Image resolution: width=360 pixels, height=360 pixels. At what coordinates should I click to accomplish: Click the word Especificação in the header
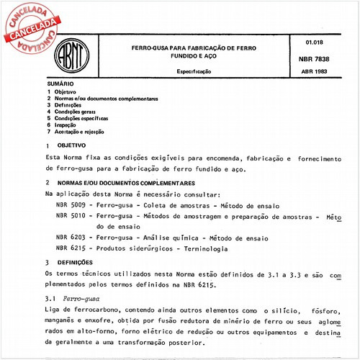pos(194,73)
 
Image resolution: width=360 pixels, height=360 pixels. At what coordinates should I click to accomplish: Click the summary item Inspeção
pos(70,125)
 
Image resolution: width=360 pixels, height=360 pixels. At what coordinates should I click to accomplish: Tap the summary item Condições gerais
pos(77,112)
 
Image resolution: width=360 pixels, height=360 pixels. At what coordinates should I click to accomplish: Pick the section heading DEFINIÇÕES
pos(78,264)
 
